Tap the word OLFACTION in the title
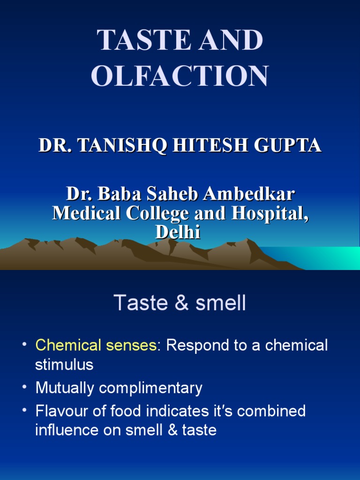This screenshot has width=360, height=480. (180, 75)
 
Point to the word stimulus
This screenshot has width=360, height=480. (64, 365)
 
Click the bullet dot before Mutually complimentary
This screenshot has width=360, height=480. (24, 388)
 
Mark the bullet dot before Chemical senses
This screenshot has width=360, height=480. (24, 345)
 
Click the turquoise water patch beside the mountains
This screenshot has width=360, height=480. (328, 257)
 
